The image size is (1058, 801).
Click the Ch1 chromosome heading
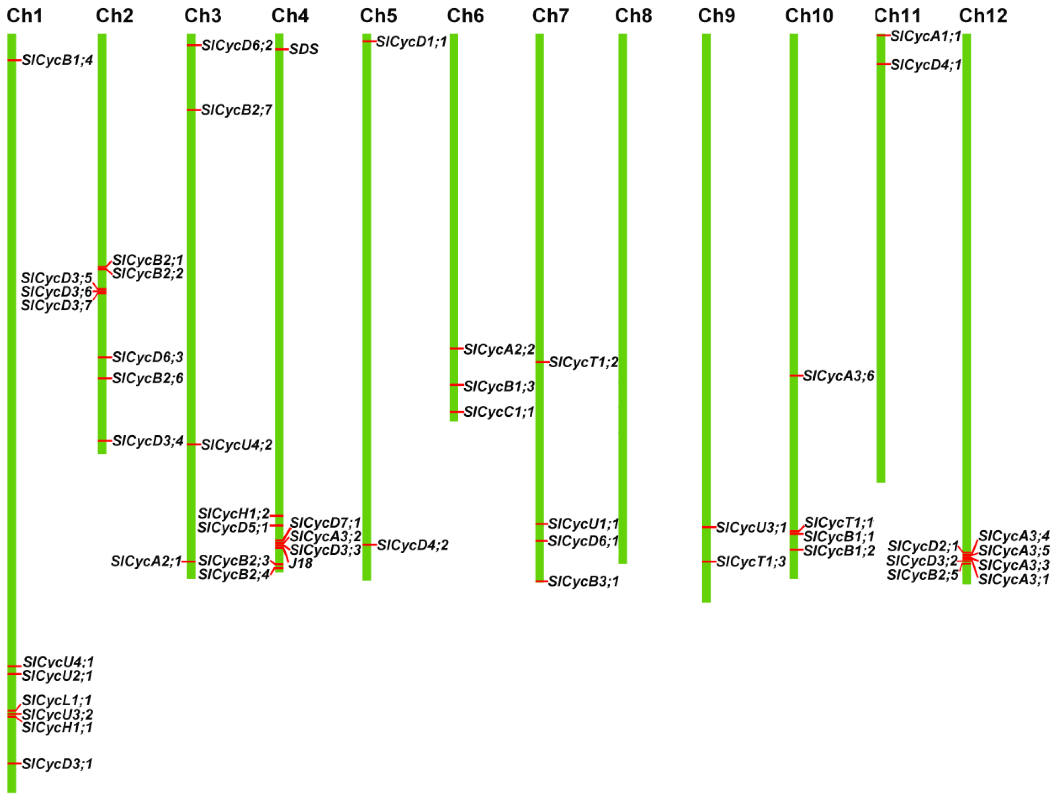[x=24, y=16]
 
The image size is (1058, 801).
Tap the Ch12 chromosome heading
[x=983, y=16]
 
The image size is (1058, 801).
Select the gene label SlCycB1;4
[x=57, y=60]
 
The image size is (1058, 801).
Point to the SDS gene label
[x=304, y=49]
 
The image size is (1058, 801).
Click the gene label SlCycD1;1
[x=411, y=42]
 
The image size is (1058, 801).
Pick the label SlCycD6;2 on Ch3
[x=237, y=45]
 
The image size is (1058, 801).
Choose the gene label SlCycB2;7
[x=237, y=111]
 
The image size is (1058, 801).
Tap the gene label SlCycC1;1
[x=499, y=412]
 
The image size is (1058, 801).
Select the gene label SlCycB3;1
[x=583, y=582]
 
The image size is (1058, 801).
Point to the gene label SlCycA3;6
[x=838, y=376]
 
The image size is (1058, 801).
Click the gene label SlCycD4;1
[x=926, y=65]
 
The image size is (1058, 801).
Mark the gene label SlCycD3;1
[x=57, y=764]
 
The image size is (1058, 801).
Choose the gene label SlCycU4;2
[x=237, y=445]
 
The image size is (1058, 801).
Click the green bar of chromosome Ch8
[x=623, y=287]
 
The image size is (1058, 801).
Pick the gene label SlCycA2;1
[x=146, y=562]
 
